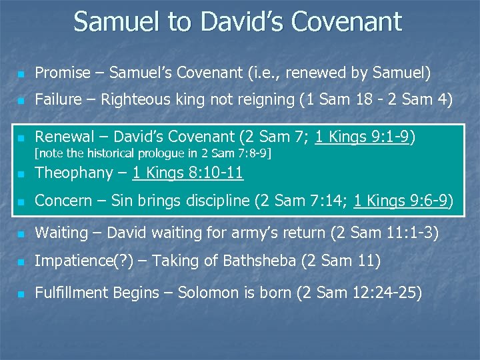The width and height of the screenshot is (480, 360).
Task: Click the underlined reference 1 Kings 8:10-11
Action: click(187, 173)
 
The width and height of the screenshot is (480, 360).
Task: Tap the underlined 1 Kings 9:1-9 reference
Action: click(363, 137)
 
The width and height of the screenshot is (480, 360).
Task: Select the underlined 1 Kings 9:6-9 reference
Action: click(403, 201)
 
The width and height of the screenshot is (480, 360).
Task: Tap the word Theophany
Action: click(73, 173)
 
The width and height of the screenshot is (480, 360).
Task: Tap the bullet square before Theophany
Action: click(21, 174)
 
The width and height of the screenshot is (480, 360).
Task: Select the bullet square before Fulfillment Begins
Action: click(21, 293)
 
